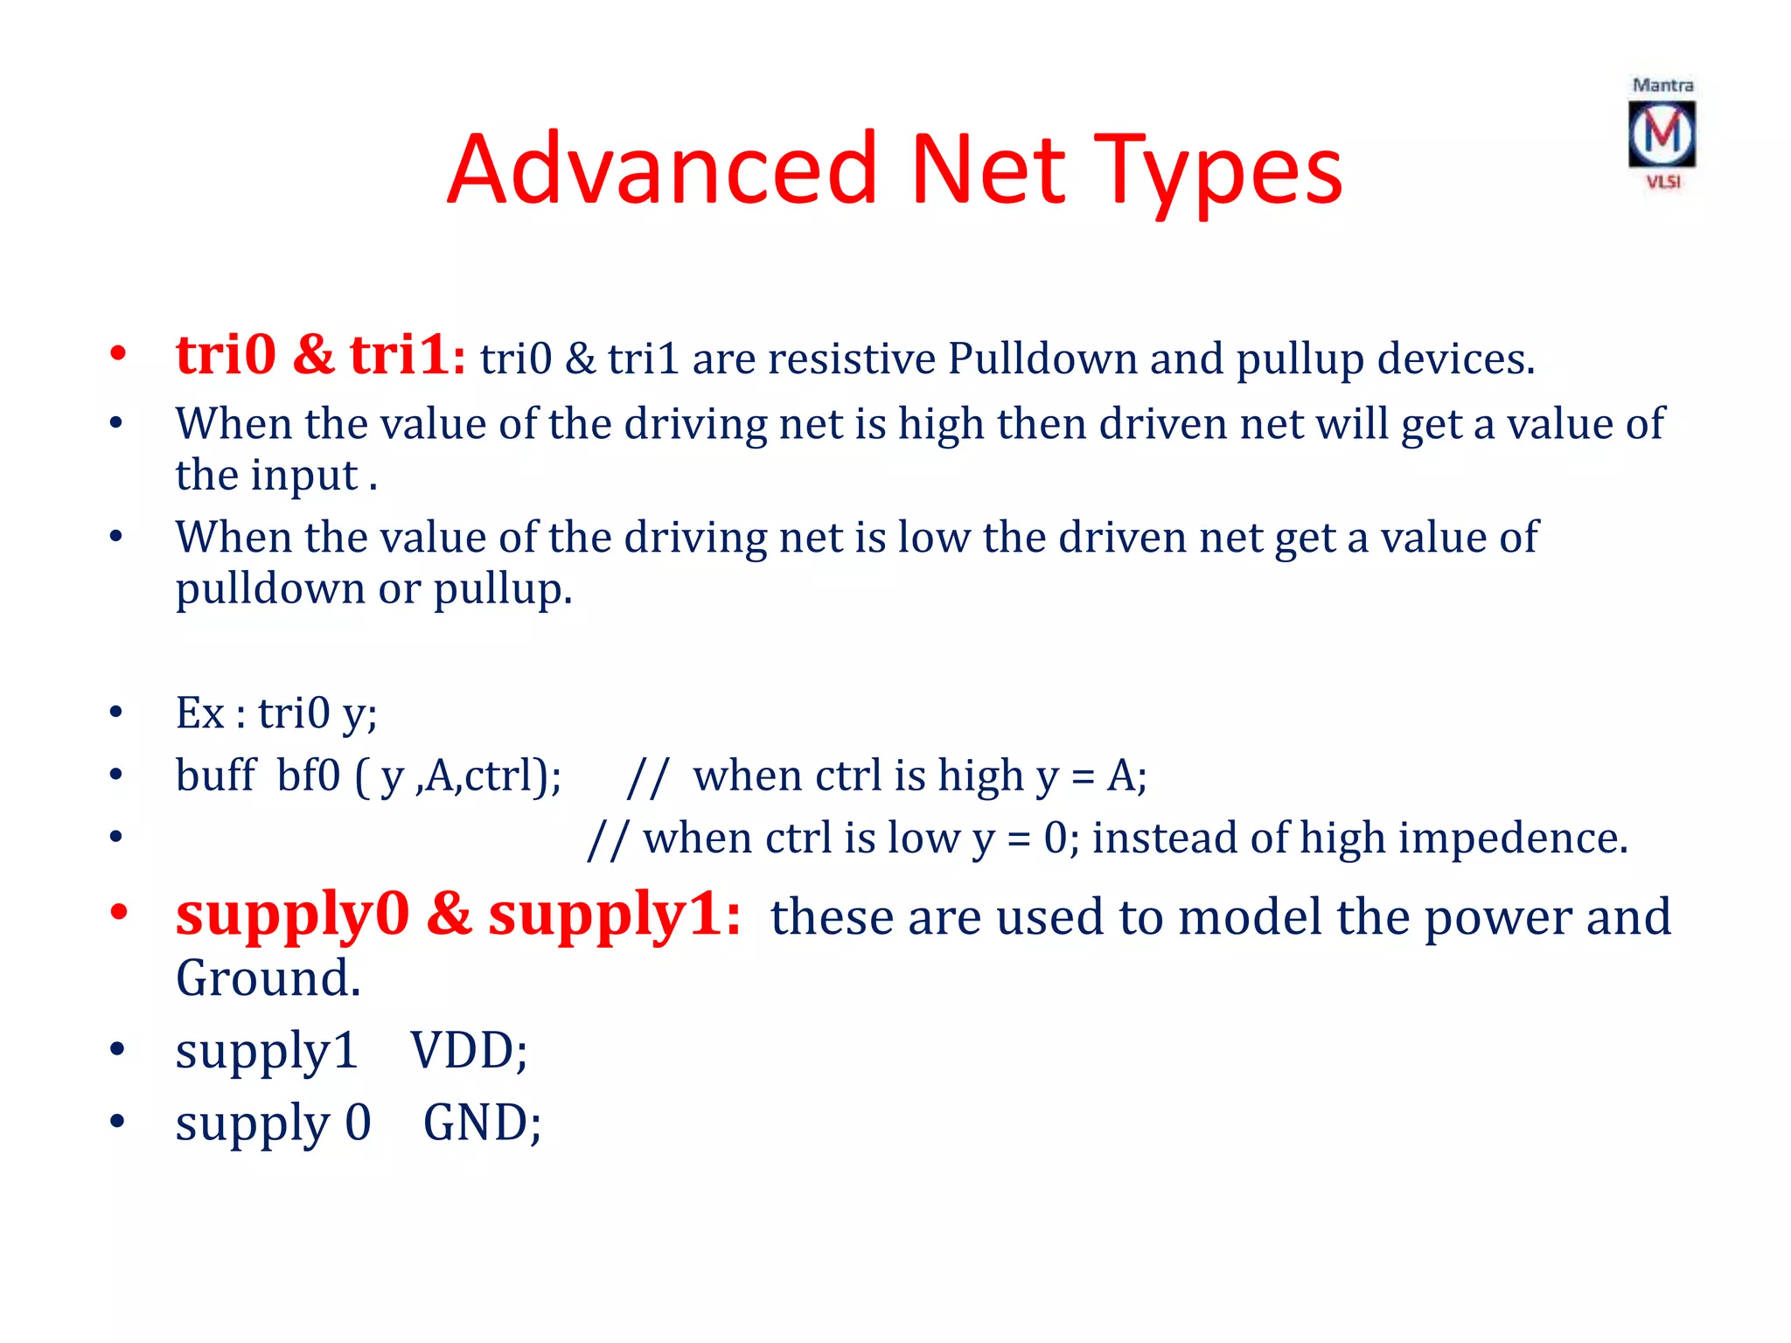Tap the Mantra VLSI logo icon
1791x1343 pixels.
[x=1662, y=134]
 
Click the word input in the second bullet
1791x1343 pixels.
[x=304, y=476]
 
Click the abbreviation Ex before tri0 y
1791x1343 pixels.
[x=200, y=713]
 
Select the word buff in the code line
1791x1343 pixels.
[x=215, y=775]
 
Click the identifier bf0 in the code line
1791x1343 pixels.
[x=308, y=775]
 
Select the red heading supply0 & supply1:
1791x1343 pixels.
[x=458, y=915]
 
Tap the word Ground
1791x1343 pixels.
[x=268, y=978]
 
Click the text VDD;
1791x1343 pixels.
[x=470, y=1050]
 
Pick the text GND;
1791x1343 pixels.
[x=482, y=1123]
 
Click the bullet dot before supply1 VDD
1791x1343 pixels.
[x=117, y=1048]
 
